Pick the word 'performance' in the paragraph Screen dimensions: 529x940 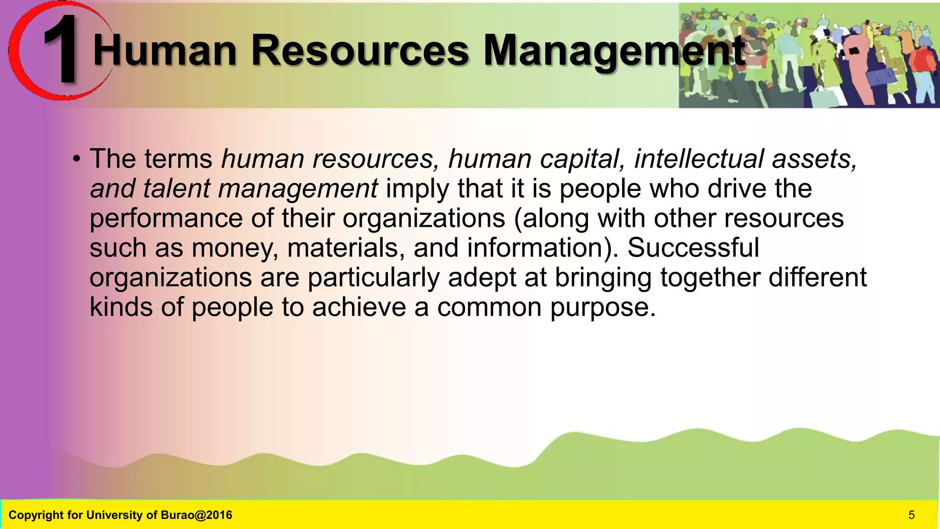tap(166, 219)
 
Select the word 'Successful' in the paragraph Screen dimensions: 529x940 tap(693, 248)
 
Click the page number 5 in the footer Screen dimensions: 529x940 tap(912, 515)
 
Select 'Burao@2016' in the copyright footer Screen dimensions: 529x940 tap(196, 515)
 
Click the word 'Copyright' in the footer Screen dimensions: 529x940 tap(36, 515)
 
